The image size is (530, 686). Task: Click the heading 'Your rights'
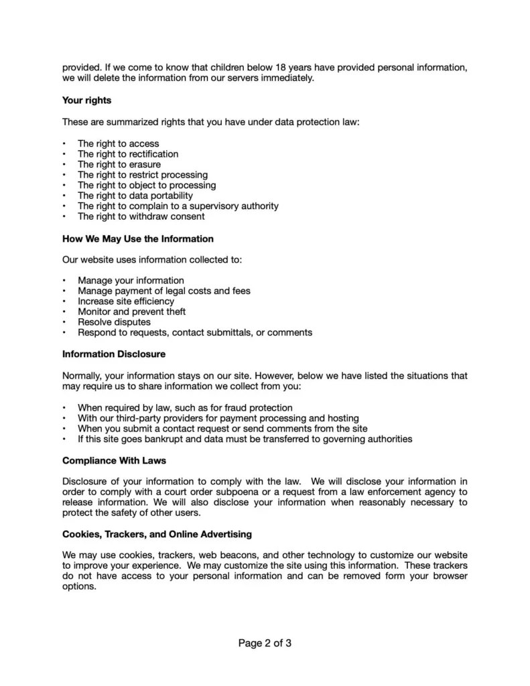coord(86,100)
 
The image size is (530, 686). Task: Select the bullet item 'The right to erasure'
coord(119,164)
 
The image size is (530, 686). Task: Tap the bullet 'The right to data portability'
coord(135,196)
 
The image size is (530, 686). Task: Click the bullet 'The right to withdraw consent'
coord(141,216)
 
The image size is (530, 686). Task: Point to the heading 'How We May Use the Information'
coord(138,238)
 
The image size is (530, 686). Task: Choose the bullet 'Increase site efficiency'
coord(126,301)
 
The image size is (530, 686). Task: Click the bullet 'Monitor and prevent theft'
coord(132,312)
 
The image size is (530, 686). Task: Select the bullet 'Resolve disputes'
coord(114,322)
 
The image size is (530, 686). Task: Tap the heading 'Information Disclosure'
coord(114,354)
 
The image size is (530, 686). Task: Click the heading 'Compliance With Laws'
coord(114,461)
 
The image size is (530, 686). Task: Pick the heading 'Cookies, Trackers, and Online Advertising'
coord(157,534)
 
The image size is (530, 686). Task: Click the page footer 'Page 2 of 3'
coord(265,644)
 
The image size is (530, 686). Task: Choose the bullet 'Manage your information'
coord(131,280)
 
